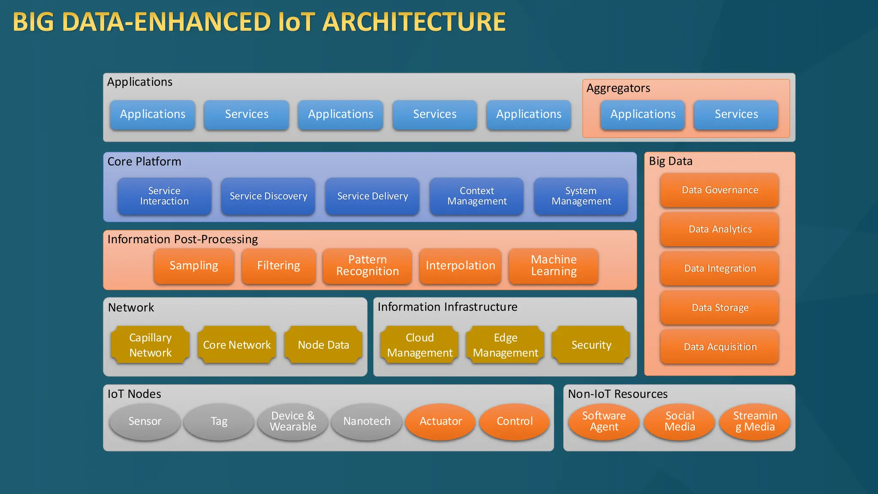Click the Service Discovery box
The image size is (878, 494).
coord(268,196)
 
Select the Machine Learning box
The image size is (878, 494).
coord(553,266)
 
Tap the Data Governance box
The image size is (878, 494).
coord(720,190)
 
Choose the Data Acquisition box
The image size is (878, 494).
coord(720,347)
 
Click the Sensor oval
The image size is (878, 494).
coord(145,422)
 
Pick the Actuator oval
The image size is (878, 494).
coord(441,422)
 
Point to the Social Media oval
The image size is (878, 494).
coord(680,422)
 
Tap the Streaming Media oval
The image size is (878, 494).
coord(755,422)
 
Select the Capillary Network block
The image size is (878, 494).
coord(150,345)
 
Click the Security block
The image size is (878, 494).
coord(591,345)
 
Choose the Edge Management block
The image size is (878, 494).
coord(505,345)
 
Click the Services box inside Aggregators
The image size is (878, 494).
coord(736,114)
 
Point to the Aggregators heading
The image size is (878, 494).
coord(618,88)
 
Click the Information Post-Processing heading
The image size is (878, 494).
coord(183,239)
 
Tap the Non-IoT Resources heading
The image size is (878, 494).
coord(618,394)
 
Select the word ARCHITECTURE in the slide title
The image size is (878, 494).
coord(414,22)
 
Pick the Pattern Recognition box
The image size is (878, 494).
coord(367,266)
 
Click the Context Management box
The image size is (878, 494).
coord(477,196)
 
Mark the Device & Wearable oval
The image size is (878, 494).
coord(293,422)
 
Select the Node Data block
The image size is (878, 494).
coord(324,345)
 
